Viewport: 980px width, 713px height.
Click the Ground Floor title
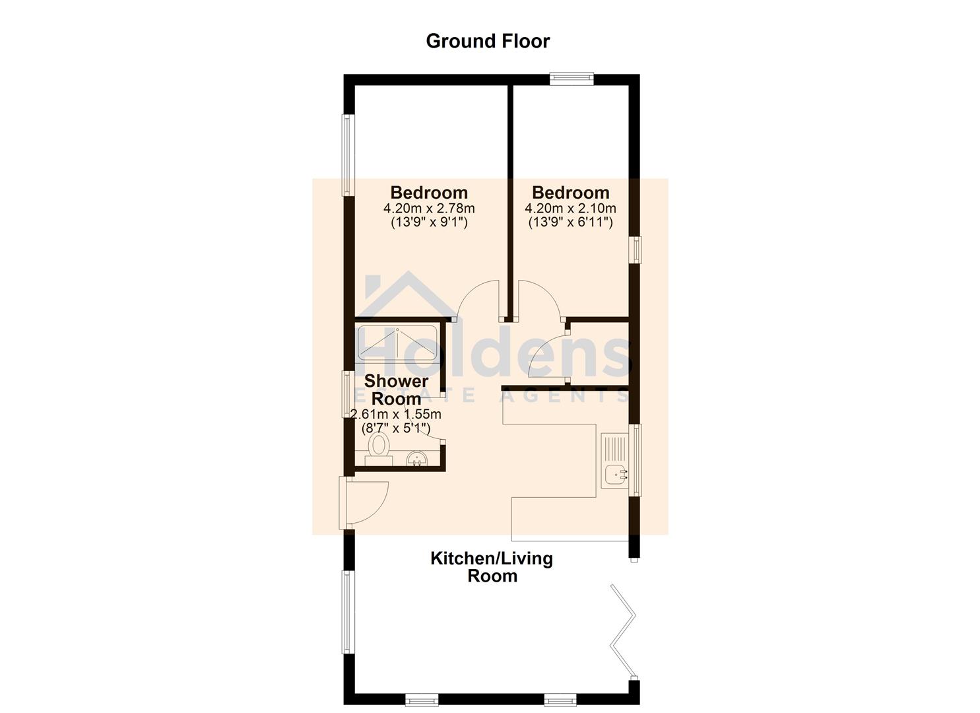[488, 42]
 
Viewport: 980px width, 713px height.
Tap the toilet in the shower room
[379, 450]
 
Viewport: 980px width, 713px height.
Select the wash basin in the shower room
[417, 459]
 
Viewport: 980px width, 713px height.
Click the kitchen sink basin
[616, 475]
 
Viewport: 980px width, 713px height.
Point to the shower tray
[397, 343]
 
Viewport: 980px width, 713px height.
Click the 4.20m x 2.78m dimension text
[429, 208]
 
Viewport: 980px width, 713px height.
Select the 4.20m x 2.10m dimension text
[570, 208]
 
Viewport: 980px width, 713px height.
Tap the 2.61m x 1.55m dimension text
[396, 414]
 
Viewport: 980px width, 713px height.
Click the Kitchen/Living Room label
[492, 567]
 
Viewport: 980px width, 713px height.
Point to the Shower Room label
[396, 390]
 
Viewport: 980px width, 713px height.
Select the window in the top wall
[572, 79]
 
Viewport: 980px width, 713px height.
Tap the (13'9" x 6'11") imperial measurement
[570, 222]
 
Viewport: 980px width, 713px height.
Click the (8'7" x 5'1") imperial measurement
[396, 428]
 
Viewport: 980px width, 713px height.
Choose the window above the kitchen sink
[636, 460]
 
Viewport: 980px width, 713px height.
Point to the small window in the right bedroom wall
[636, 250]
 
